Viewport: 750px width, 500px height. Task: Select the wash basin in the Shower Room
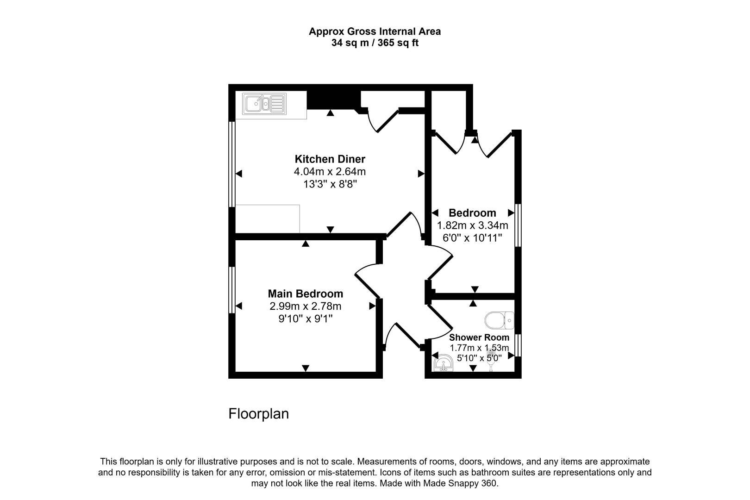click(444, 363)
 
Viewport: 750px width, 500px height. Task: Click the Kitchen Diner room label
click(330, 159)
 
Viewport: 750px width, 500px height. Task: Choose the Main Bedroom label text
click(306, 294)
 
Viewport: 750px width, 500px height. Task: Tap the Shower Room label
click(479, 337)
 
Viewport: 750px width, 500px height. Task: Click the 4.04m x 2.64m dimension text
click(330, 172)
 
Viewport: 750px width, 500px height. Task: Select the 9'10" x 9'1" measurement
click(306, 319)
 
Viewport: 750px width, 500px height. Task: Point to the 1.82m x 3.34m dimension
click(472, 225)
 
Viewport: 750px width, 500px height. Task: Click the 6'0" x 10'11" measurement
click(472, 238)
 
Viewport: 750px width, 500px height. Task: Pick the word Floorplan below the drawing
click(258, 413)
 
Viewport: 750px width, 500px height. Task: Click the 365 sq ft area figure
click(398, 43)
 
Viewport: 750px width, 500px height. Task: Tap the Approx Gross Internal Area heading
click(375, 31)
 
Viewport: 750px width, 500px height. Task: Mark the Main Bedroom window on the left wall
click(232, 290)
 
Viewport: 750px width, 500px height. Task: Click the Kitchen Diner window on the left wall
click(232, 164)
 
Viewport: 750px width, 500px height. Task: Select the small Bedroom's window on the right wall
click(519, 225)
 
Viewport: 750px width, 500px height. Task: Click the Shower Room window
click(519, 345)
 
